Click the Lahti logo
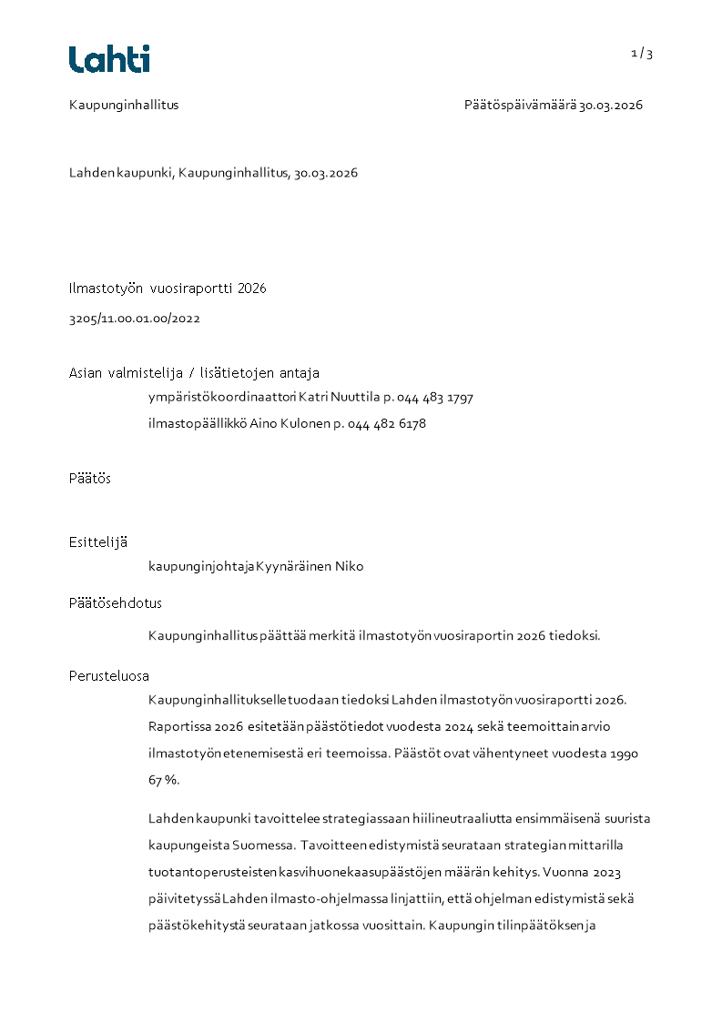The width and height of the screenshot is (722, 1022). point(109,59)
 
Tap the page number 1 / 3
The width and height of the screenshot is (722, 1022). point(642,54)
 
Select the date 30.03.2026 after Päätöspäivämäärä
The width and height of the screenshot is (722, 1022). point(611,105)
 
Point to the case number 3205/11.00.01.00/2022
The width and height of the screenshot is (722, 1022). point(135,319)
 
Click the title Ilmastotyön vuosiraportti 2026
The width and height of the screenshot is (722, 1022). point(168,288)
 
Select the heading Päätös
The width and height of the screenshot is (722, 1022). point(90,478)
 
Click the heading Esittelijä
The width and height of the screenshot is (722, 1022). point(98,542)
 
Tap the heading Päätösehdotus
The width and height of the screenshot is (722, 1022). point(116,602)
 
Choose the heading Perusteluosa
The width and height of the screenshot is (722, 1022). point(109,676)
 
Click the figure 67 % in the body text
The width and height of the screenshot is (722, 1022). point(164,780)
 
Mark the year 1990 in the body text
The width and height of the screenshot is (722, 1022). point(623,754)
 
